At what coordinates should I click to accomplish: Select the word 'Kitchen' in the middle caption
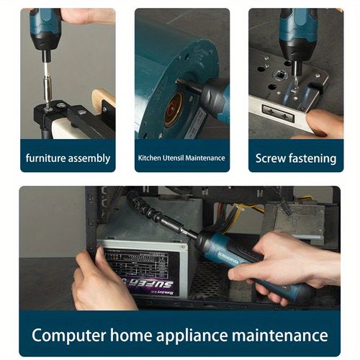pos(150,158)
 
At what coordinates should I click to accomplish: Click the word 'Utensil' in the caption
pos(177,158)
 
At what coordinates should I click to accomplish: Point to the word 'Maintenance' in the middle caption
pos(208,158)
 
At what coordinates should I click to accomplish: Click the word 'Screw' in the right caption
pos(271,158)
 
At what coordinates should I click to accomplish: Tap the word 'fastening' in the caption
pos(311,158)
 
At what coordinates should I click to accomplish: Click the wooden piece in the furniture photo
pos(102,101)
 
